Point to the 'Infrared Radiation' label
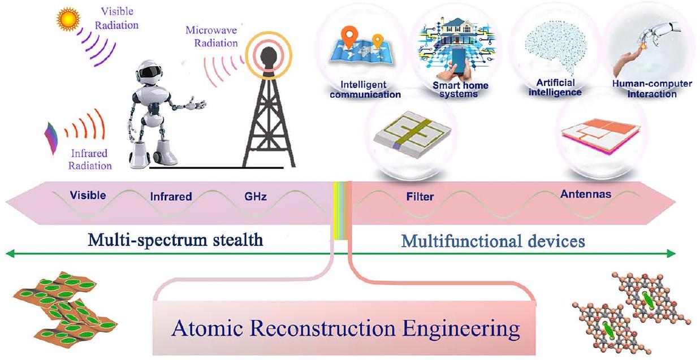click(x=89, y=159)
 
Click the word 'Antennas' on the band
click(x=586, y=194)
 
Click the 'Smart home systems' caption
click(x=453, y=90)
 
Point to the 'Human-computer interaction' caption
click(x=652, y=89)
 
